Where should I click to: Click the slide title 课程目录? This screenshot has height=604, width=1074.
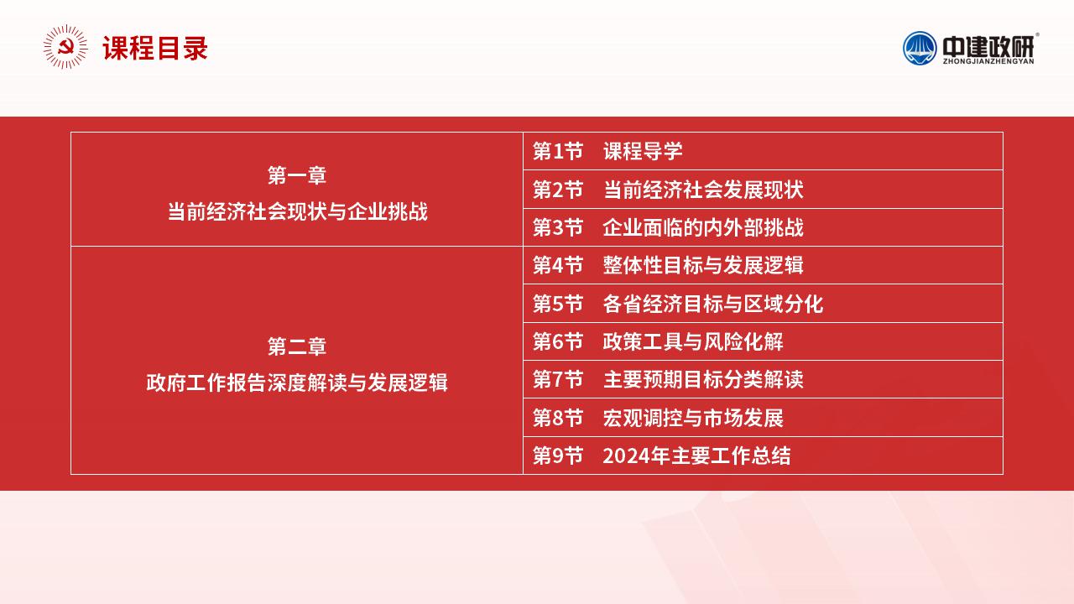click(155, 48)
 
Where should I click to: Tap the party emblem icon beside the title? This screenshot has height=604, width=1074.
click(65, 47)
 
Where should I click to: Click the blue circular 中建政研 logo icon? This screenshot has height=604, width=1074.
click(919, 48)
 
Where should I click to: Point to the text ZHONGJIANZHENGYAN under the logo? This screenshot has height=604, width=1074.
click(988, 61)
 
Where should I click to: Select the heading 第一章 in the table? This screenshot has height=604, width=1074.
click(297, 175)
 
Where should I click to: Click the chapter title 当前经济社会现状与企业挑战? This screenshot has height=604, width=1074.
click(297, 211)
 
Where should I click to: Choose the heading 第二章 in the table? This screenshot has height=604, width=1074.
click(297, 346)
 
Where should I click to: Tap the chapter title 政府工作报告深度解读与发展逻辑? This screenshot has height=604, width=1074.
click(297, 383)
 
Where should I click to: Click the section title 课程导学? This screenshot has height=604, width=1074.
click(643, 151)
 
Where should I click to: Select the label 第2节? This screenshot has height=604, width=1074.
click(558, 190)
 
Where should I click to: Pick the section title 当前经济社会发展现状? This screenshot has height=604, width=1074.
click(703, 190)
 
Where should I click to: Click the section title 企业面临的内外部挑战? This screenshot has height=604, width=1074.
click(703, 227)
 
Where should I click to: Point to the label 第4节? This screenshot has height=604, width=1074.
click(558, 265)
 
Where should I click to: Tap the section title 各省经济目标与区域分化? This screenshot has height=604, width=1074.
click(713, 304)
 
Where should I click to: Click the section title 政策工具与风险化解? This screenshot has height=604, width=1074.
click(693, 341)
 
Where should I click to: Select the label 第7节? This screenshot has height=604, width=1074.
click(558, 379)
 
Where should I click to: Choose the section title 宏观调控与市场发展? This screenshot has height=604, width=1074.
click(693, 418)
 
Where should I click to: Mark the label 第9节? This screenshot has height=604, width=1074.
click(558, 456)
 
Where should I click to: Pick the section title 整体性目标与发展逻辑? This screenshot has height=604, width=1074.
click(703, 265)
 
